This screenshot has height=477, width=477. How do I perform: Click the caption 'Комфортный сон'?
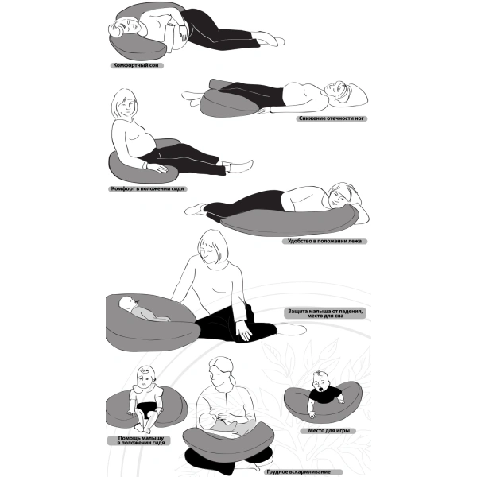click(x=136, y=65)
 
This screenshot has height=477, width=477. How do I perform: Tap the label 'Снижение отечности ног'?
click(x=332, y=118)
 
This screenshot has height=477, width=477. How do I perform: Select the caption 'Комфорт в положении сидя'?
click(x=148, y=188)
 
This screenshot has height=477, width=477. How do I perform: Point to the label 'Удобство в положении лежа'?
click(x=324, y=241)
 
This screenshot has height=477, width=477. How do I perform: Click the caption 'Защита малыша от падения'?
click(x=325, y=311)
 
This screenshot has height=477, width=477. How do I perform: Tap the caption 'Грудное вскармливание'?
click(x=298, y=471)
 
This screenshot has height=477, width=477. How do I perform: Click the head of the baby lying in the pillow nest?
click(x=127, y=304)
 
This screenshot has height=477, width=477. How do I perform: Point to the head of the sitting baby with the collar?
click(x=146, y=378)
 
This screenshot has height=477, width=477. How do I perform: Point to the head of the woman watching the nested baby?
click(x=213, y=247)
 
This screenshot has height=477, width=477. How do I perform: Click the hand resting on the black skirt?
click(x=245, y=332)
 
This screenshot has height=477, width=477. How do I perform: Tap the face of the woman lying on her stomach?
click(x=339, y=198)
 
